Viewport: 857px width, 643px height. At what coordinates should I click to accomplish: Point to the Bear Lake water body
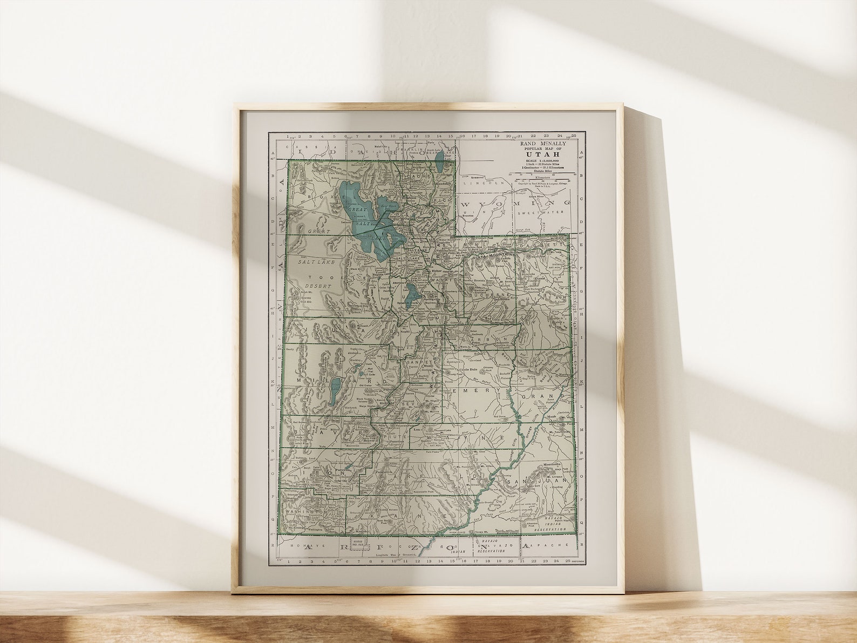[440, 160]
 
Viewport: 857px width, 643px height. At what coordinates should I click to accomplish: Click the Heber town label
[436, 270]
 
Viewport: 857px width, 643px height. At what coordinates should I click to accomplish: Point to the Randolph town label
[443, 183]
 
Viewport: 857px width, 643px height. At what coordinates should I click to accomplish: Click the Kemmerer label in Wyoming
[477, 177]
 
